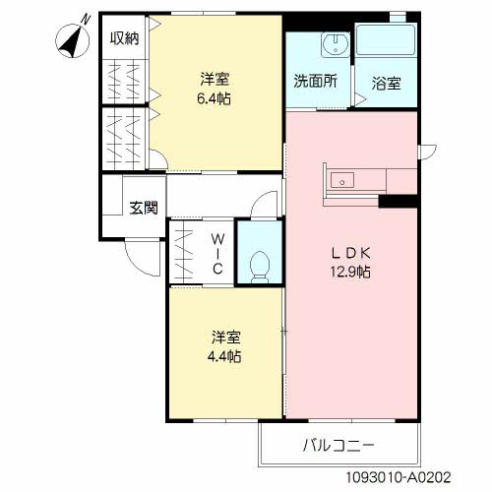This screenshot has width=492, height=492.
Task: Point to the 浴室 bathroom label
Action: tap(385, 84)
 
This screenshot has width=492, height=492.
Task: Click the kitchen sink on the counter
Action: tap(342, 180)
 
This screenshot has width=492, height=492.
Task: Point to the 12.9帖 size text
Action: tap(349, 271)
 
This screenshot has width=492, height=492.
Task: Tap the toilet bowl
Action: tap(261, 265)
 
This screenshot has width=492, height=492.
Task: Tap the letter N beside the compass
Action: tap(87, 19)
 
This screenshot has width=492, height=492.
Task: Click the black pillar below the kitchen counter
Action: tap(398, 201)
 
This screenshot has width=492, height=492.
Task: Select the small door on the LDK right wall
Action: tap(426, 151)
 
